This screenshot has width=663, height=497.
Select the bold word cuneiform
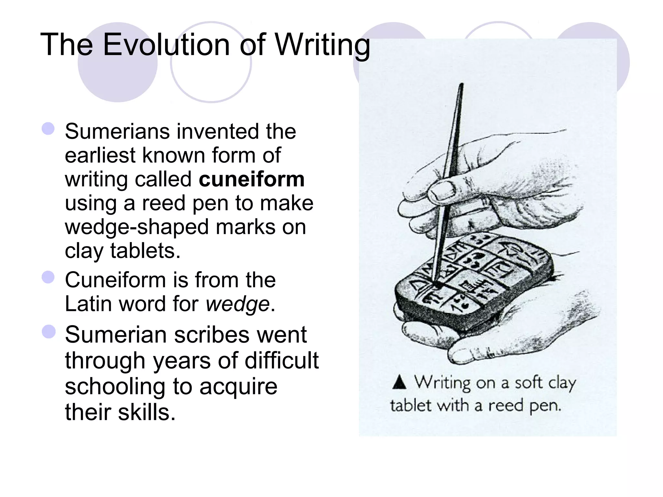(252, 179)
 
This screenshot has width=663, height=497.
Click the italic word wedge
(238, 304)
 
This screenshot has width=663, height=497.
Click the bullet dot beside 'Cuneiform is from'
(48, 277)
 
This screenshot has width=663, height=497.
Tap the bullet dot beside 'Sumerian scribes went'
(49, 332)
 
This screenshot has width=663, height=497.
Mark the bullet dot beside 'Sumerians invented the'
(48, 128)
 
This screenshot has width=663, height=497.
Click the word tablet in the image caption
(410, 405)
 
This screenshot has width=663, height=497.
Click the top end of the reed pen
(462, 85)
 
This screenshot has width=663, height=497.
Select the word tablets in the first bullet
(145, 251)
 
